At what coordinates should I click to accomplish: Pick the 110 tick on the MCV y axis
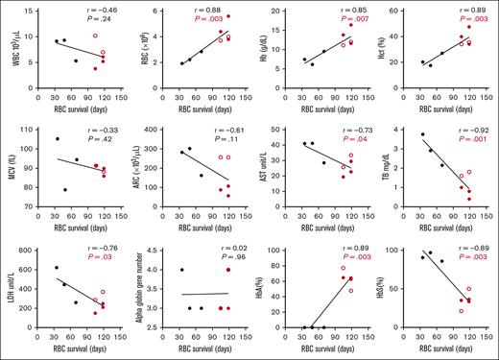(x=25, y=131)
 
